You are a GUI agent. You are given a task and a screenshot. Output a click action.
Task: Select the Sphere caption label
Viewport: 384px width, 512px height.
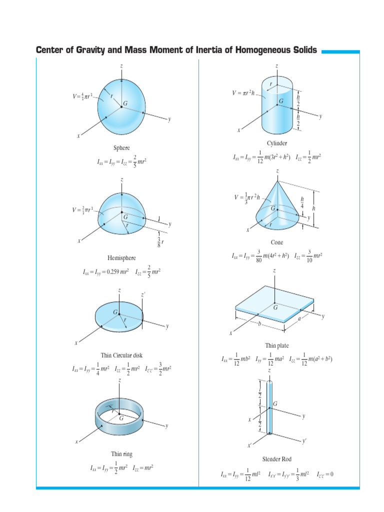[x=121, y=147]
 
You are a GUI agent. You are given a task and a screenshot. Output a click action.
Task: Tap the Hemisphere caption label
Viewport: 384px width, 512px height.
[x=121, y=258]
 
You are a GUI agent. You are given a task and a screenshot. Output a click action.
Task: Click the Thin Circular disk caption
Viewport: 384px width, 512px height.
[x=121, y=355]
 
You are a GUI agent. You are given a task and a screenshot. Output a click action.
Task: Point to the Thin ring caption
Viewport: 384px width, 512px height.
[x=121, y=454]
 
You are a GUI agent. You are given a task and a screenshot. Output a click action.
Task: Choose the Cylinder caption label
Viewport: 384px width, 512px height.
[x=277, y=143]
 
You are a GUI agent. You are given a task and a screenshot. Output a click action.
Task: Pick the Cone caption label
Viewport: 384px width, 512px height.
[x=277, y=242]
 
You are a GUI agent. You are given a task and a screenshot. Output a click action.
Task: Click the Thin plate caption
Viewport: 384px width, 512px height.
[x=277, y=345]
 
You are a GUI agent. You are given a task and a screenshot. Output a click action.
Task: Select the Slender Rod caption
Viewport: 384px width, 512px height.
[x=277, y=459]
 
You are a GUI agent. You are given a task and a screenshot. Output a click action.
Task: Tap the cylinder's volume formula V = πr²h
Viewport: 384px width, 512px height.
[x=246, y=92]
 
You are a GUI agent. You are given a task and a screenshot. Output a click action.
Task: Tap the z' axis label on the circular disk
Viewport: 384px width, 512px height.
[x=143, y=295]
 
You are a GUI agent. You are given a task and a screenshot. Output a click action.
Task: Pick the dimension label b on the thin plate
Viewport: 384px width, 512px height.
[x=260, y=324]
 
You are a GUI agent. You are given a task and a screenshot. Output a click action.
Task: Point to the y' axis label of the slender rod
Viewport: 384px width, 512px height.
[x=304, y=442]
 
